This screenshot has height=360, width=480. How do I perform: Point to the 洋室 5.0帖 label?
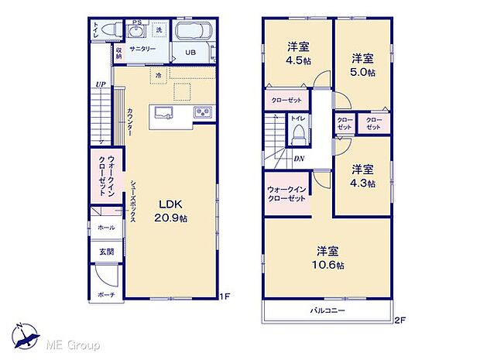[x=362, y=65]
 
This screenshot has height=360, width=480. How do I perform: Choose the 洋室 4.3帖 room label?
[x=362, y=176]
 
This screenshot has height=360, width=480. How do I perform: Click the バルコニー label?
[x=329, y=310]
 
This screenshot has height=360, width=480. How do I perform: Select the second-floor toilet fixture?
[x=297, y=135]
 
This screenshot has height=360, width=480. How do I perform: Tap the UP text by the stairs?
[x=100, y=84]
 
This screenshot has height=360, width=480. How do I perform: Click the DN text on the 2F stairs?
[x=299, y=159]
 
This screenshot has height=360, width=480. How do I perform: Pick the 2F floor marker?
[x=400, y=319]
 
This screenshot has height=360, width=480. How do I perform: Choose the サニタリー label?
[x=142, y=48]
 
